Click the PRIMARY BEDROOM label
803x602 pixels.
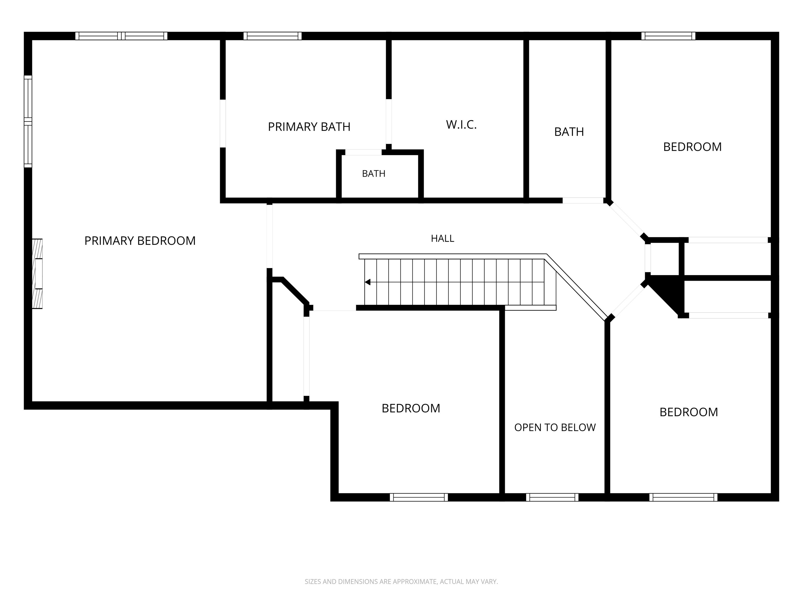[140, 241]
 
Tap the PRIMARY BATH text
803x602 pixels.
[309, 127]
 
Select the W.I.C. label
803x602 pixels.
[461, 124]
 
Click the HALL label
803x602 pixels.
[442, 238]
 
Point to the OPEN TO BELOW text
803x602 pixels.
[555, 427]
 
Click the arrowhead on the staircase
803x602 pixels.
[367, 282]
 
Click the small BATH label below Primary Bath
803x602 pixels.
[374, 173]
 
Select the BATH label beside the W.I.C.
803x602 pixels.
[569, 132]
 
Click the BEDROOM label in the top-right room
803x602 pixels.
[692, 147]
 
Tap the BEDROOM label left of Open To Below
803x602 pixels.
[411, 408]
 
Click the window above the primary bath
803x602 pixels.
[272, 36]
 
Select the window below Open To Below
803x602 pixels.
[552, 497]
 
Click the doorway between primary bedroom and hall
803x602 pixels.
[269, 236]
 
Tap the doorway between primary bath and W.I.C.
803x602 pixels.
[388, 121]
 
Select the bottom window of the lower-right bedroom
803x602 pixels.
[683, 497]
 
